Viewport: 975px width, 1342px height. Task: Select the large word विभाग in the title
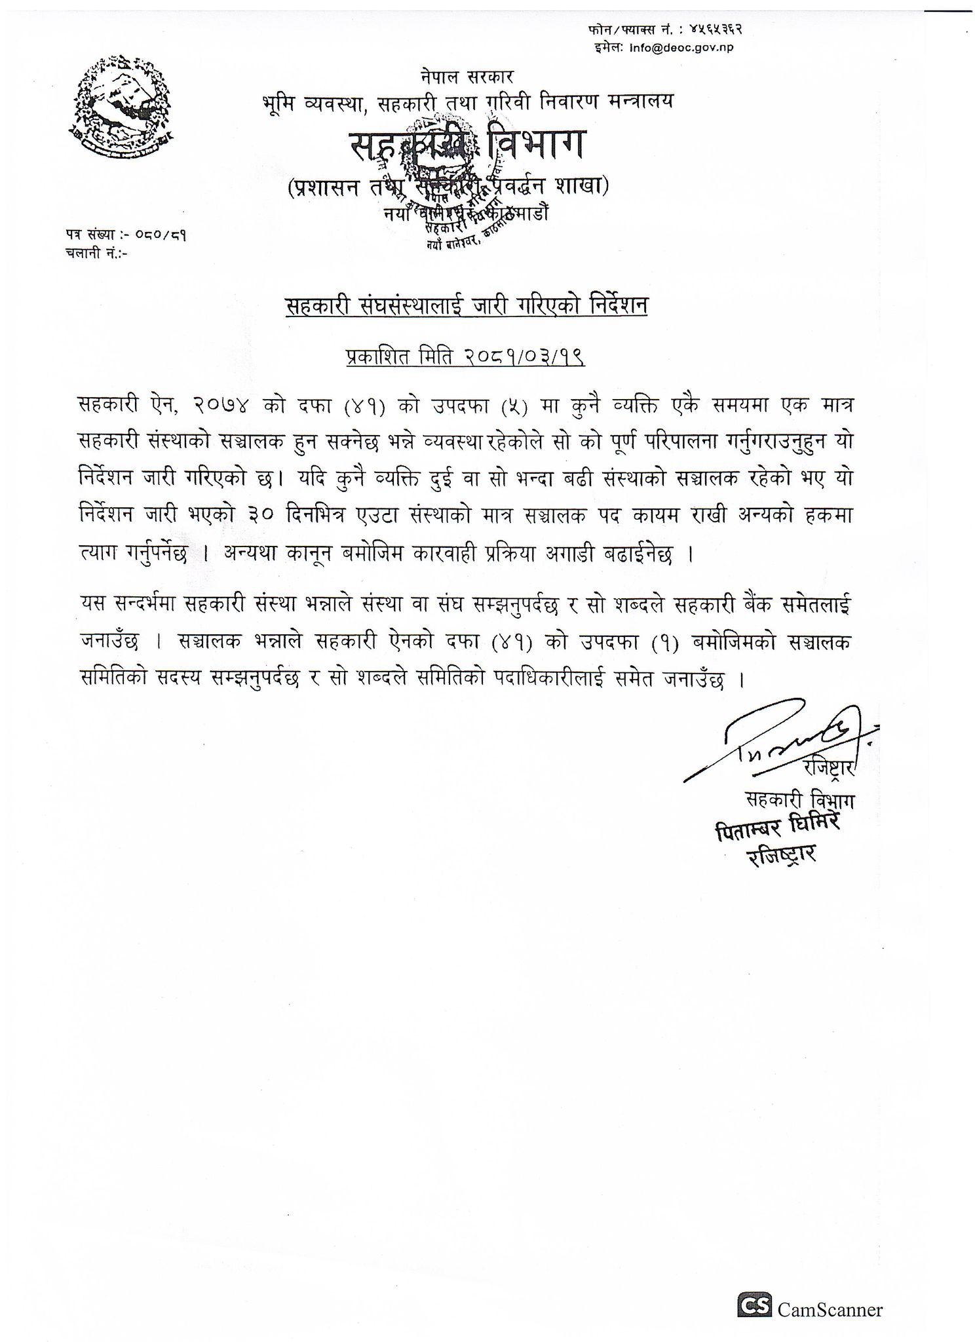coord(531,145)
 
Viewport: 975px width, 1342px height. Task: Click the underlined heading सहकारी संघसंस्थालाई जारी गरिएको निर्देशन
coord(466,306)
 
